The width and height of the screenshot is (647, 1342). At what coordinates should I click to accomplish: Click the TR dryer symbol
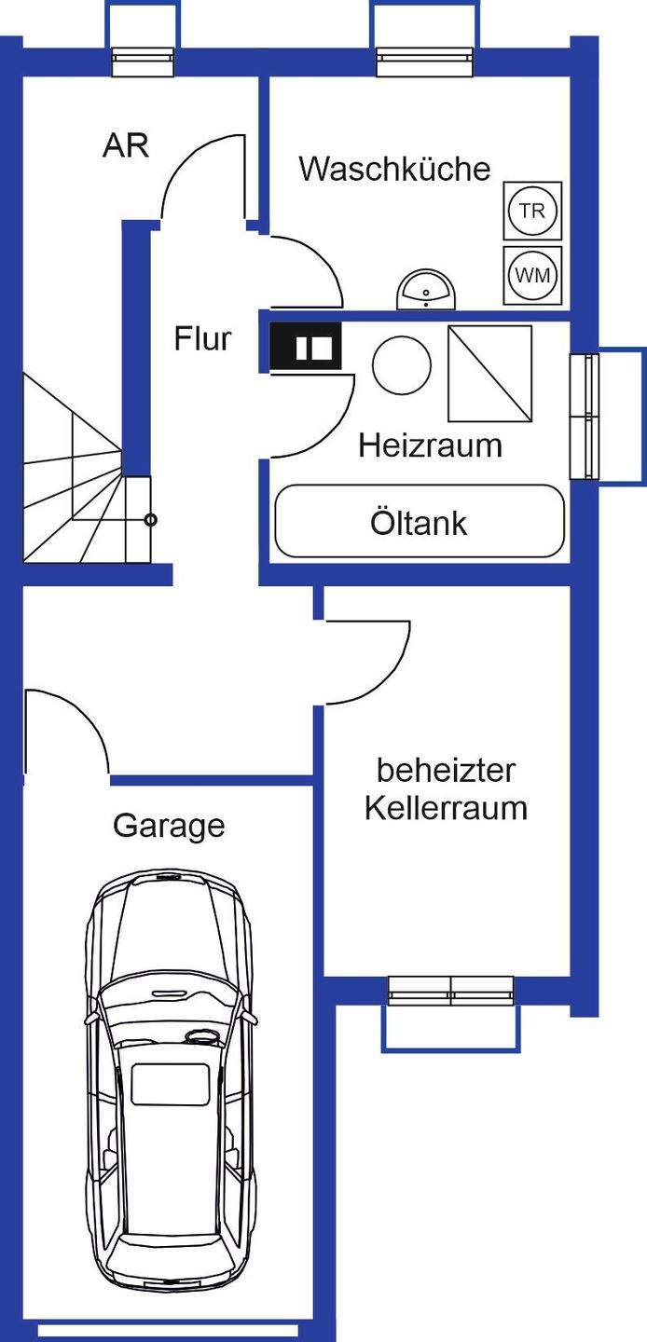pos(532,211)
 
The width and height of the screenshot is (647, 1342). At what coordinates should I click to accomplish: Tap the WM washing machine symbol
pos(532,275)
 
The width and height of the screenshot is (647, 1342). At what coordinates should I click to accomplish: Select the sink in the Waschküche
pos(426,292)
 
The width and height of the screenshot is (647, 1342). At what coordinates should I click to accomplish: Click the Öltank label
pos(419,523)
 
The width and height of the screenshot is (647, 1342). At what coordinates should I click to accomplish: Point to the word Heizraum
pos(430,445)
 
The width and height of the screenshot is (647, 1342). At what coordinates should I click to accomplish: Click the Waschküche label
pos(394,170)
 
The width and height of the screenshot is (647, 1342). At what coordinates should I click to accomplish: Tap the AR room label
pos(126,146)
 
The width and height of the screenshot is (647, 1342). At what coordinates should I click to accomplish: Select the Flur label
pos(202,338)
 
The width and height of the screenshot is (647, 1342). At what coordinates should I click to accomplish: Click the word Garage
pos(169,826)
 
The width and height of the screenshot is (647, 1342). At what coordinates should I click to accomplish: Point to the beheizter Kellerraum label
pos(446,788)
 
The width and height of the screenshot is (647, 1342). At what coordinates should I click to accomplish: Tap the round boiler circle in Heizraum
pos(402,364)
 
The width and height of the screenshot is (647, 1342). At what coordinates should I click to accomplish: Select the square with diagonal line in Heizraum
pos(489,374)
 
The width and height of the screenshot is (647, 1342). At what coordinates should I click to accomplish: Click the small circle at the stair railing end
pos(151,520)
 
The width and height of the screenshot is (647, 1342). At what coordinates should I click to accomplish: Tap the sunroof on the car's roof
pos(169,1084)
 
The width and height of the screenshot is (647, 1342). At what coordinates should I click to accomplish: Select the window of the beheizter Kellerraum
pos(450,991)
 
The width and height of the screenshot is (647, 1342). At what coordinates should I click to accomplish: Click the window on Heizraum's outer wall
pos(585,415)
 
